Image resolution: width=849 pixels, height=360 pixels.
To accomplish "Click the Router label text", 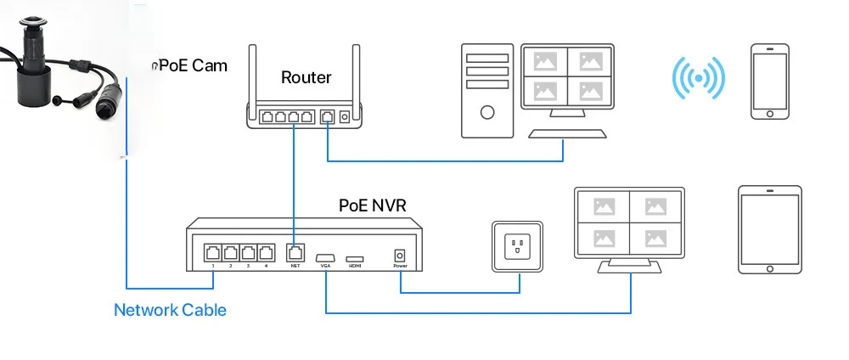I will point(306,77).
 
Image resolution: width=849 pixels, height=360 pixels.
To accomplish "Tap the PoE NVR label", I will point(374,205).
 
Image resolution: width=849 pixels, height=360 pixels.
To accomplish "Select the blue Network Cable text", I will point(170,310).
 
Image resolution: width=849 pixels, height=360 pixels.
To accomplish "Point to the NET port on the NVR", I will point(295,252).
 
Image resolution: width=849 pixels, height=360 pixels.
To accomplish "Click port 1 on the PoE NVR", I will point(212,252).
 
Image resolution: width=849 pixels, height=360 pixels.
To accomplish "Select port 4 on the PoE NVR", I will point(267,252).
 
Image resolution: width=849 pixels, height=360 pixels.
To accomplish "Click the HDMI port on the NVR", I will point(355,256).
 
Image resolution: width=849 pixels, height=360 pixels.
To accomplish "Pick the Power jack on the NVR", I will point(400,255).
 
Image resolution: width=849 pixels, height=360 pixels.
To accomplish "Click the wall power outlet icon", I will point(518,248).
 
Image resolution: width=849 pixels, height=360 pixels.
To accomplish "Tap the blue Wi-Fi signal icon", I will point(698,79).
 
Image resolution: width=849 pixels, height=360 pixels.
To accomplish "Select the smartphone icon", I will point(770,81).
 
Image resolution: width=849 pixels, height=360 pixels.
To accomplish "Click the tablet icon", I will point(768,229).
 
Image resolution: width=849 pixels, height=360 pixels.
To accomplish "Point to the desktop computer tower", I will point(487,91).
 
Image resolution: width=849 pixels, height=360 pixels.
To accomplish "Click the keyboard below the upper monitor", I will point(567,134).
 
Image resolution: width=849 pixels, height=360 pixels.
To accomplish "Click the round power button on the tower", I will point(487,112).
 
